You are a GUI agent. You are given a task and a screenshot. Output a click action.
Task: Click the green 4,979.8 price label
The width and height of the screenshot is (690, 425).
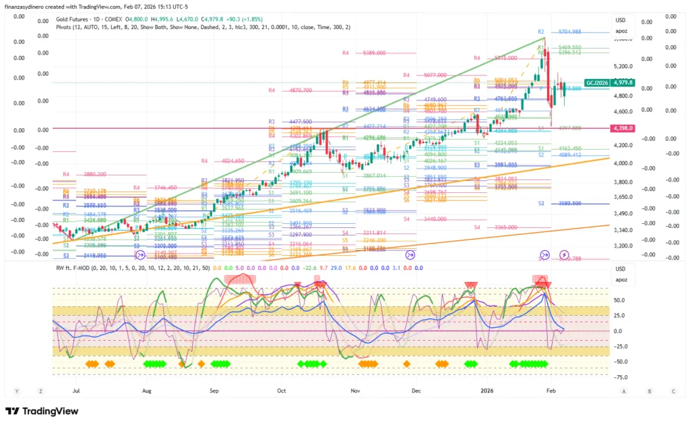coord(623,82)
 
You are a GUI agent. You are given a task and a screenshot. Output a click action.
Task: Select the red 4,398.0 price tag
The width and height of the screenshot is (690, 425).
coord(623,128)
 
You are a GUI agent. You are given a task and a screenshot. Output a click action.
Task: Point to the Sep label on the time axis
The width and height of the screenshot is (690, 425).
coord(214,390)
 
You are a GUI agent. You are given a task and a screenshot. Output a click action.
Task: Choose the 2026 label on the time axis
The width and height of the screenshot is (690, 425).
coord(487,390)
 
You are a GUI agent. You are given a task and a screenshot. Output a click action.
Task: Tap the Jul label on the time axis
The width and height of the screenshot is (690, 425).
coord(76,390)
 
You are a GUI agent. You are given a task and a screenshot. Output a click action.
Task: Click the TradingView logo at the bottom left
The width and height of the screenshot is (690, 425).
coord(42,411)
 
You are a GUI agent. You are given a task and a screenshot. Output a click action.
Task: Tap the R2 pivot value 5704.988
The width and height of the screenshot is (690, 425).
coord(569,32)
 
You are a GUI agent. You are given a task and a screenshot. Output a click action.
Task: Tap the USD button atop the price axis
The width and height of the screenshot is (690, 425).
coord(621,19)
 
